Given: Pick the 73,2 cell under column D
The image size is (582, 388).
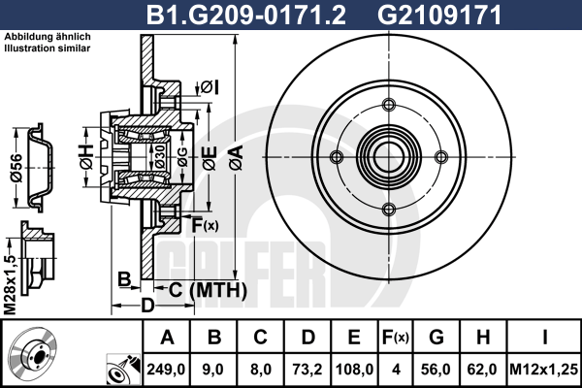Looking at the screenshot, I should [309, 369].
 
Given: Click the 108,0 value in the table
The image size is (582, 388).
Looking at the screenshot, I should [355, 369].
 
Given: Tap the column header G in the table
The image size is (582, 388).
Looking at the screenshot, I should [437, 339].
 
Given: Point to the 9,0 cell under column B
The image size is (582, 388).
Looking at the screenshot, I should [215, 369].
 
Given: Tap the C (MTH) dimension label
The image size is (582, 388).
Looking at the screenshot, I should [210, 290].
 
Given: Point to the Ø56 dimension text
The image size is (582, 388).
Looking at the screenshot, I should [16, 171].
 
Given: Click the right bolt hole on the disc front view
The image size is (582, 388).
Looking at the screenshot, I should [441, 157].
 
